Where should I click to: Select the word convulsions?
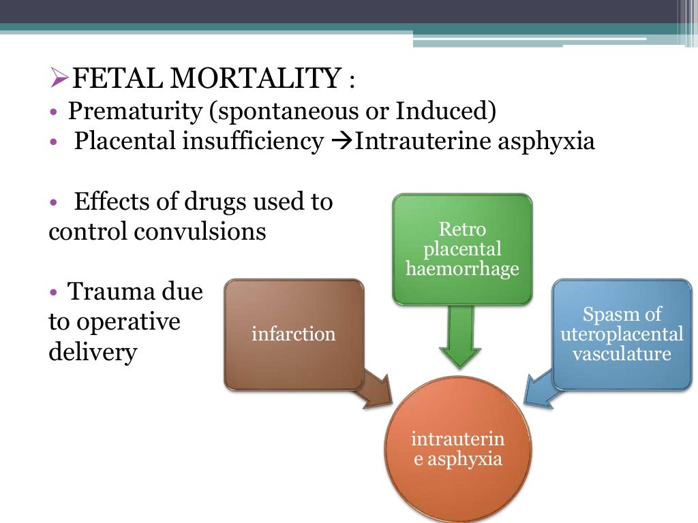(200, 232)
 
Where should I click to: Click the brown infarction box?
(294, 334)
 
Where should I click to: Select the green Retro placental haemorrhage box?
(462, 249)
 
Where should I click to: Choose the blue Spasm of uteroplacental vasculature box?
(622, 334)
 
